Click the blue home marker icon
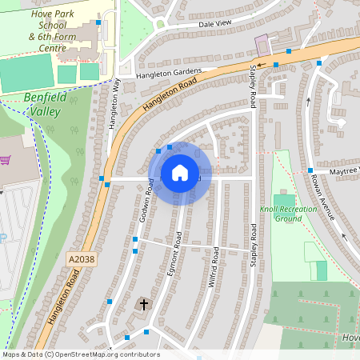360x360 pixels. click(180, 173)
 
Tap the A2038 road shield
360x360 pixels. click(80, 261)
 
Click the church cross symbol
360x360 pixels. click(144, 304)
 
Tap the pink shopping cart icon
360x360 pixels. click(6, 161)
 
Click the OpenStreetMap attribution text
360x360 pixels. click(80, 354)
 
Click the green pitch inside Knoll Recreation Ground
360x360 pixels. click(284, 200)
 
